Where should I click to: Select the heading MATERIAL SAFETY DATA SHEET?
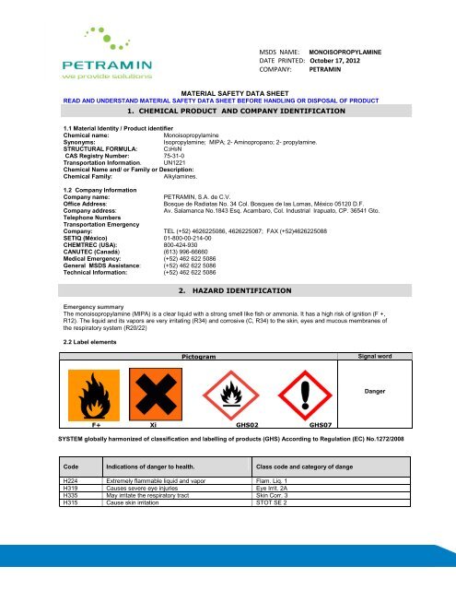click(227, 94)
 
